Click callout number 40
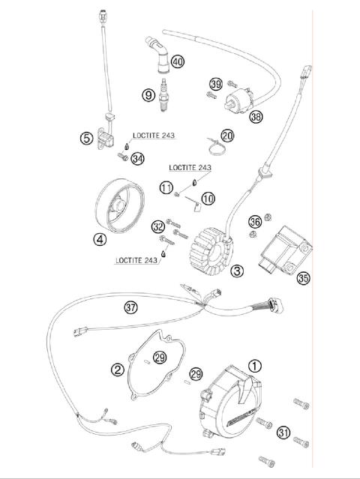point(177,62)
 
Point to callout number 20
point(206,136)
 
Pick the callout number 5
point(88,137)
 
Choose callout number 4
point(99,240)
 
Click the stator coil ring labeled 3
point(210,246)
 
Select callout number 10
point(208,198)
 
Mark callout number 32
point(157,226)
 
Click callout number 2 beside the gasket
point(118,368)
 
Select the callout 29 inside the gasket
point(160,358)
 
